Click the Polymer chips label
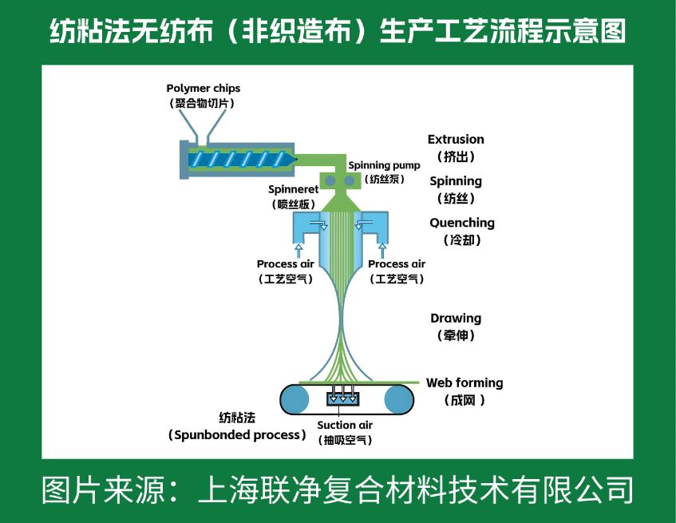[203, 88]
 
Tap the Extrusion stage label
[456, 139]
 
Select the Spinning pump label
[384, 165]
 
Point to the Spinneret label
[293, 189]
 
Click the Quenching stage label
[462, 223]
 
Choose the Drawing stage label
[456, 318]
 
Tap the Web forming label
[465, 382]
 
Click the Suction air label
[345, 425]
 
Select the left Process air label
[285, 264]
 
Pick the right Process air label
[397, 264]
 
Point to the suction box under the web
[343, 396]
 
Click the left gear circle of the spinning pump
[330, 182]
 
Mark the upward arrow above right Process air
[382, 249]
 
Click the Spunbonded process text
[238, 435]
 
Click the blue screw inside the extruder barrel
[239, 159]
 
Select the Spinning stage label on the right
[456, 181]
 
